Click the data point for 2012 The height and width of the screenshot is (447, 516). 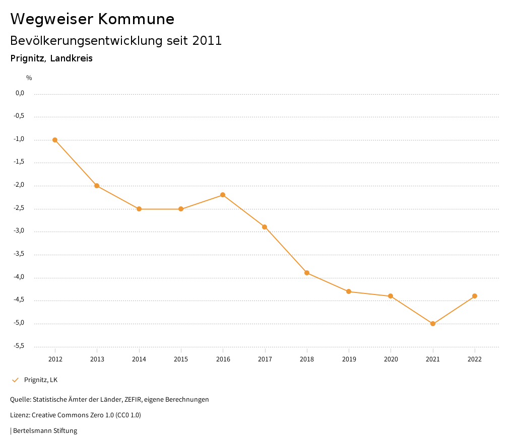point(55,140)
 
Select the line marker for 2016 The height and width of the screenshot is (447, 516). point(223,195)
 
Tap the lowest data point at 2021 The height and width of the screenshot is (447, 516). point(433,324)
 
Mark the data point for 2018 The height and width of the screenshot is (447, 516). point(307,273)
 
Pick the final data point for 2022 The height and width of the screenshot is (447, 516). point(475,296)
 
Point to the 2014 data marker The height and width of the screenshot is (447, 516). point(139,209)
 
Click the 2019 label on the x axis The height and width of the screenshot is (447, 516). point(349,359)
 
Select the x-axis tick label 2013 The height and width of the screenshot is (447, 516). point(97,359)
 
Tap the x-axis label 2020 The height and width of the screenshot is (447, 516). point(391,359)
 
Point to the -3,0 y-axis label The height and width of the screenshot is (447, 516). point(20,231)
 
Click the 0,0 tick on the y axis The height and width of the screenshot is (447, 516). point(20,93)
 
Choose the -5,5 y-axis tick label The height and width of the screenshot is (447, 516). point(20,346)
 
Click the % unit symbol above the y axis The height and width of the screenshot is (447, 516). point(29,78)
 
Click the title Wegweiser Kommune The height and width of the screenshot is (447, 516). point(92,19)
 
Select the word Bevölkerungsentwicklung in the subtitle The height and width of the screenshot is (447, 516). point(87,41)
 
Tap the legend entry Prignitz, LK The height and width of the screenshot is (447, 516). point(41,380)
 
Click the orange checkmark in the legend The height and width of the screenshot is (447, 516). point(15,380)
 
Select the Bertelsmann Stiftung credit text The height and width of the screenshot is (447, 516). point(45,430)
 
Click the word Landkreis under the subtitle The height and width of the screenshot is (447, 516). point(71,58)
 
